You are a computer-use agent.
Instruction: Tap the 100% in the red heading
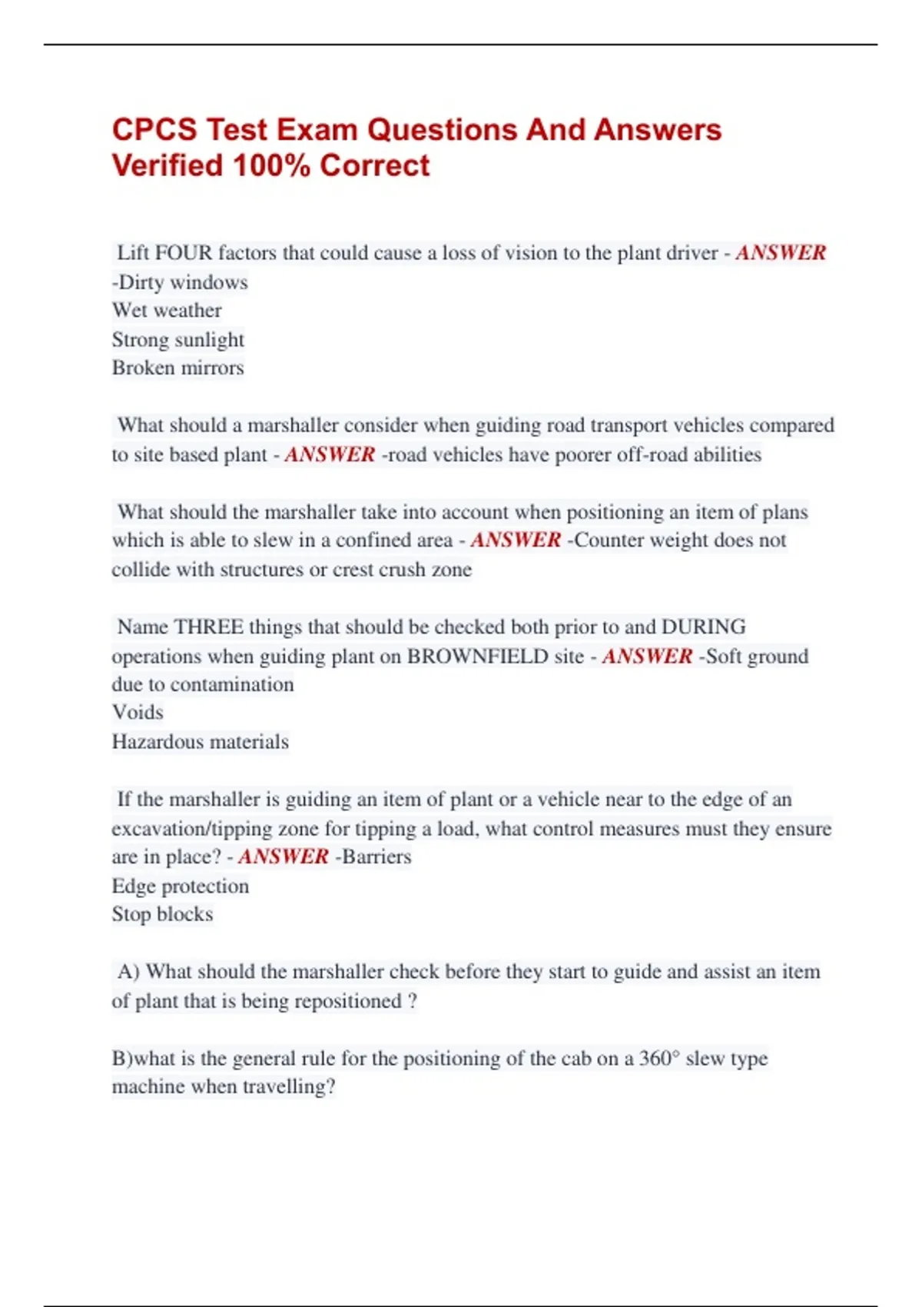(x=271, y=166)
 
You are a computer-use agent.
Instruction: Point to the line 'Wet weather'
(x=167, y=311)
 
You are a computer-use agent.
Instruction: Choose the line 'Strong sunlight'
(x=178, y=339)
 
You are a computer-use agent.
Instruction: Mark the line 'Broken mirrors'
(x=178, y=367)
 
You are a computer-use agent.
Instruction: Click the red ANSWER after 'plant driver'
(x=781, y=253)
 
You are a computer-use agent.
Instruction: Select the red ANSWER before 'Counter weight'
(x=516, y=540)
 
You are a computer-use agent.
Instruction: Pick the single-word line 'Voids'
(x=138, y=713)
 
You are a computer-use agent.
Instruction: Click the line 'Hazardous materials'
(x=201, y=742)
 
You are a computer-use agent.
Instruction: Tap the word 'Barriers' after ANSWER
(x=376, y=856)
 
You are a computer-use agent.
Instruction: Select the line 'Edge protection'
(x=181, y=886)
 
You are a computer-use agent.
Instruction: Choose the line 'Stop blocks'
(x=163, y=914)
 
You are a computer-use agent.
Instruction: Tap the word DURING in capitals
(x=703, y=627)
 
